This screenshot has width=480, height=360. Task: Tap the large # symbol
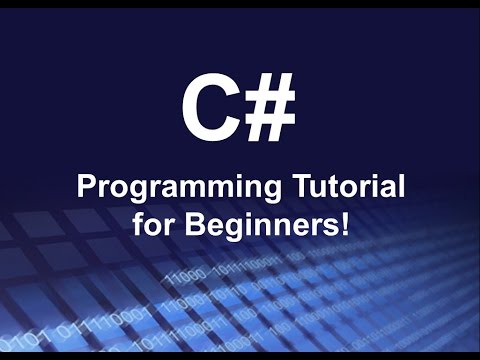269,108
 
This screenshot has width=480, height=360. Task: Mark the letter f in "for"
137,221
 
